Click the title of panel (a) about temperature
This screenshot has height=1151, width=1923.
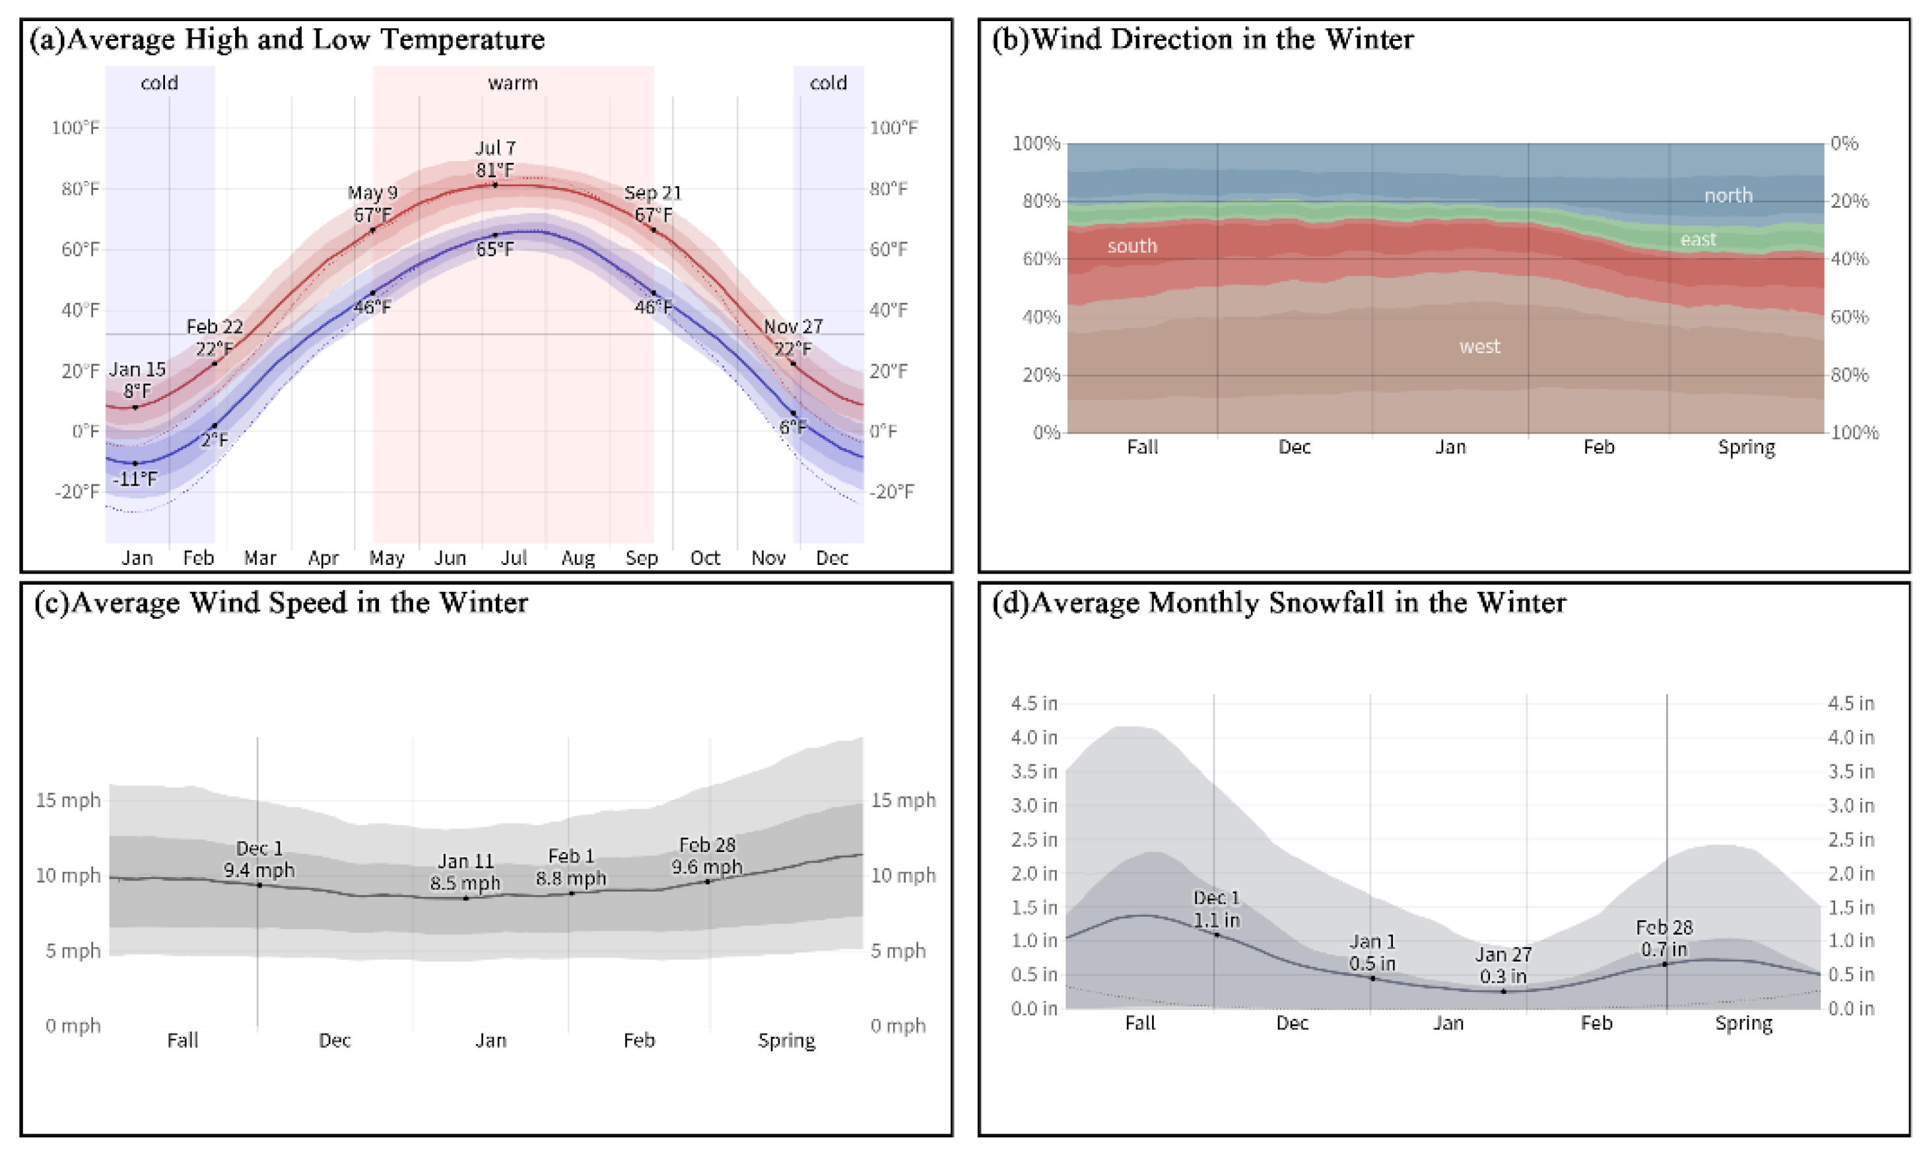287,40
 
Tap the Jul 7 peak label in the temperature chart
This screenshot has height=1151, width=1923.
495,159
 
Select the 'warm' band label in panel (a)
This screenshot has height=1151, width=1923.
513,83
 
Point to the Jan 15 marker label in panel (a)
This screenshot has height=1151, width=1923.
137,380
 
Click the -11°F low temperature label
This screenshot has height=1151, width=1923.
135,479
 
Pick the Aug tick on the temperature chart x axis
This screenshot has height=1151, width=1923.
578,558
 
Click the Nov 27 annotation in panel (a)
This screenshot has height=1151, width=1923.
793,337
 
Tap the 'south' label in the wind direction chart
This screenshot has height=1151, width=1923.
1131,247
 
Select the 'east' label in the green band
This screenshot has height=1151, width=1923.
1698,240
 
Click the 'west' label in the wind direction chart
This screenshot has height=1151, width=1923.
1479,346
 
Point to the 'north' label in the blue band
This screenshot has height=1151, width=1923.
1728,195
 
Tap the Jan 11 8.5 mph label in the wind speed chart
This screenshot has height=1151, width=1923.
465,872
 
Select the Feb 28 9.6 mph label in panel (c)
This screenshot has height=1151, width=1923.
706,855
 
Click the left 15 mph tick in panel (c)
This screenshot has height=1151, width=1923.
68,801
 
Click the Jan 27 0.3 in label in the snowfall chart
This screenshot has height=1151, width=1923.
1502,965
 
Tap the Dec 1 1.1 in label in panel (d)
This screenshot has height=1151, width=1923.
1217,909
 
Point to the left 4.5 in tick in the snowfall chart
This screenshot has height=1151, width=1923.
1033,704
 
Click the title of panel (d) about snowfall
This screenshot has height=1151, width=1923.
1279,603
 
